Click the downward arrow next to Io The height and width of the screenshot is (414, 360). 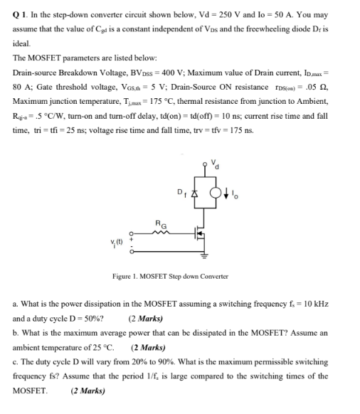tap(228, 193)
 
